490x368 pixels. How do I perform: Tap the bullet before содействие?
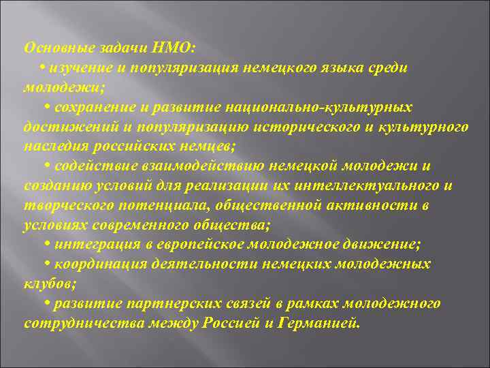pos(48,166)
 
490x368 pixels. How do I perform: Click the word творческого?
pos(63,205)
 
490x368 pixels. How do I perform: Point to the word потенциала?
pos(153,205)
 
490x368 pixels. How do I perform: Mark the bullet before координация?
pos(48,264)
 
